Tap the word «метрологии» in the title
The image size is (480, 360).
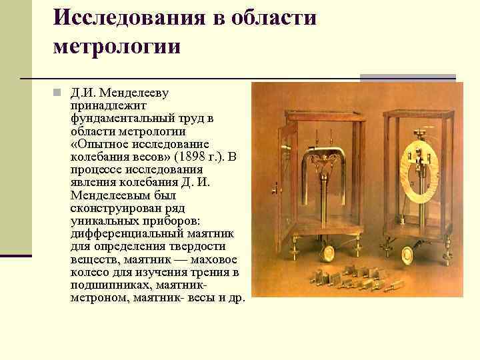[x=117, y=47]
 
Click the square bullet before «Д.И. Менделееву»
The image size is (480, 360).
[x=58, y=93]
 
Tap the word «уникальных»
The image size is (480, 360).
[x=101, y=220]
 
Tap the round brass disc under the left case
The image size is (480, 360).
[x=328, y=253]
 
